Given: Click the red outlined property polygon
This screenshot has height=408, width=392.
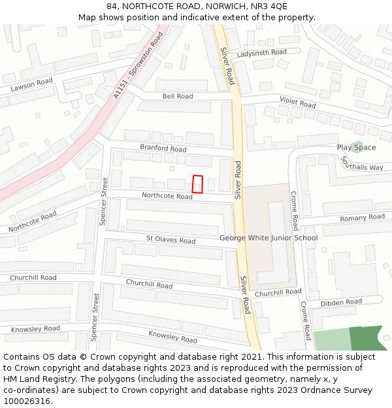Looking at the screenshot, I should coord(198,184).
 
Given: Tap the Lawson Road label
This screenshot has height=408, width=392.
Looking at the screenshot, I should coord(31,84).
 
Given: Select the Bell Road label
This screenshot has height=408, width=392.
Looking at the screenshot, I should coord(178,97).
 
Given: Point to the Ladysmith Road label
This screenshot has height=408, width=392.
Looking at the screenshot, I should coord(261,52).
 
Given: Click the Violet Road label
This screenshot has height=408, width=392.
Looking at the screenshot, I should coord(297,102).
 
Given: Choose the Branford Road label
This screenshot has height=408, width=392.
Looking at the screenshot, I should coord(163,148).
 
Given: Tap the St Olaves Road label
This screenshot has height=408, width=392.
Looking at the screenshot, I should coord(171,240).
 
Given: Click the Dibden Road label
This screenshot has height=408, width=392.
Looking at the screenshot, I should coord(341,303).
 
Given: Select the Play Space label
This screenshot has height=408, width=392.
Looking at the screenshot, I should coord(356,148).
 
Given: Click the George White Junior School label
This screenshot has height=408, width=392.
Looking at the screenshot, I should coord(269,238).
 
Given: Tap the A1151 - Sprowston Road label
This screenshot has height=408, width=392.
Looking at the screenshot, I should coord(137,66).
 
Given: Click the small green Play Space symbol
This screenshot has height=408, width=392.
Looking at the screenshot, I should coord(356,145).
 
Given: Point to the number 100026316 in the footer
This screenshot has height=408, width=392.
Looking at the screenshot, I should coord(27,401).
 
